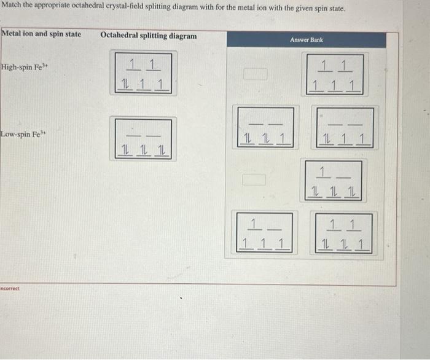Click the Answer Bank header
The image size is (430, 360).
point(307,40)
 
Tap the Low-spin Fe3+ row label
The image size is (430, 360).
point(21,134)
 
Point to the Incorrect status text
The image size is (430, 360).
point(10,288)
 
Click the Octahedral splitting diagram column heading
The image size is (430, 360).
point(148,36)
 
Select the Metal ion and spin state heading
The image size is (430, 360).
point(41,34)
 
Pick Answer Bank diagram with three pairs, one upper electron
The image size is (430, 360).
point(335,180)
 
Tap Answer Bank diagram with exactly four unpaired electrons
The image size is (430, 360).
point(265,233)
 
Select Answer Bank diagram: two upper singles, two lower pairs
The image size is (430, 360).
point(344,233)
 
